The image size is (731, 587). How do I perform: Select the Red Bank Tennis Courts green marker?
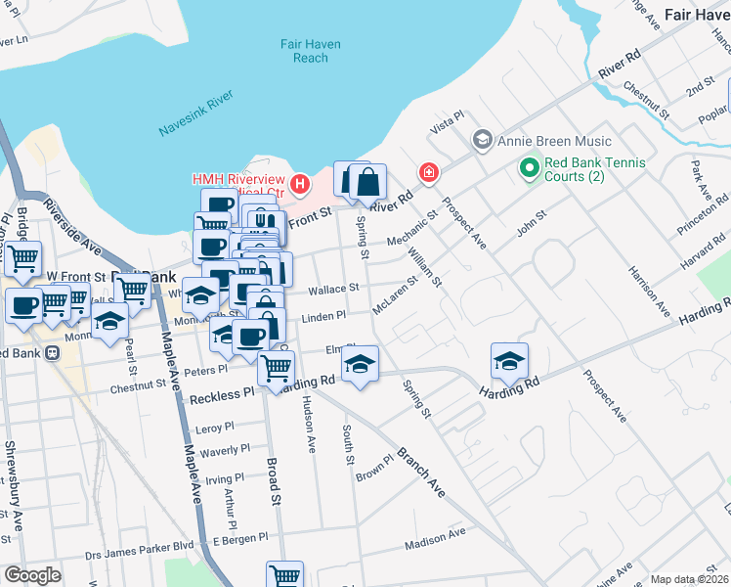point(530,169)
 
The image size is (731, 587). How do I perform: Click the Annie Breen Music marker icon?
point(481,141)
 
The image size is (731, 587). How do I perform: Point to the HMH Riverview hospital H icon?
point(300,182)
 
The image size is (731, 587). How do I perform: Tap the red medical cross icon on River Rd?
point(428,173)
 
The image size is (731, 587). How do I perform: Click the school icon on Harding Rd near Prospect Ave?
point(509,362)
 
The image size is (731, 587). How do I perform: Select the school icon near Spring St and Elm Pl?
point(361,364)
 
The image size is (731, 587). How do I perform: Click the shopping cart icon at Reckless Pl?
point(277,368)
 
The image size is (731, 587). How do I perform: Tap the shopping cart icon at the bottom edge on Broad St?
point(284,576)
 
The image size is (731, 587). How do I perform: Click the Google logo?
point(32,575)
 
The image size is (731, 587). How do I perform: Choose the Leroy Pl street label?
point(216,429)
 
